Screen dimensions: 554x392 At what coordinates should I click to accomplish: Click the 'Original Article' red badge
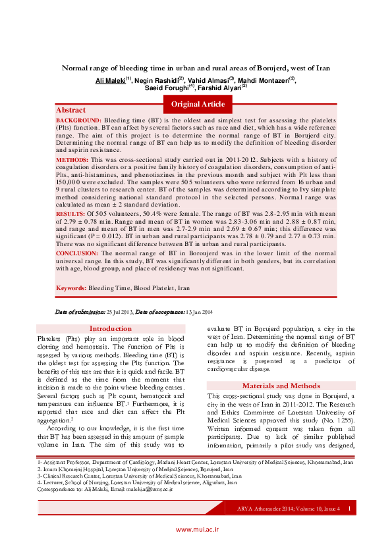click(198, 104)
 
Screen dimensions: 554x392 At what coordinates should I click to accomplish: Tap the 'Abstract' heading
click(70, 110)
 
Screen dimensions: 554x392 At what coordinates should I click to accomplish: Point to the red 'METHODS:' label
click(72, 160)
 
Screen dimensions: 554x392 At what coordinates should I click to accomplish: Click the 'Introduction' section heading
click(111, 328)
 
